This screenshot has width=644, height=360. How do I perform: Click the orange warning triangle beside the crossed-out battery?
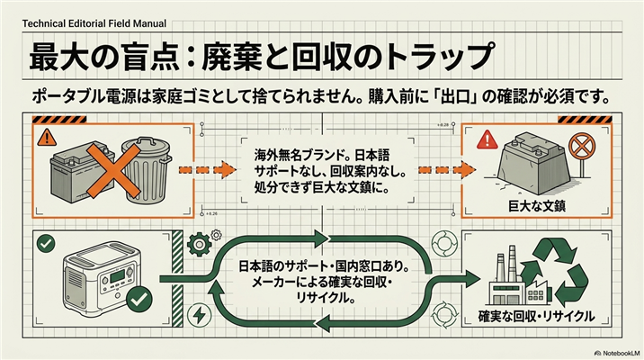[47, 138]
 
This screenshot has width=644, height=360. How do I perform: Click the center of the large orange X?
[113, 170]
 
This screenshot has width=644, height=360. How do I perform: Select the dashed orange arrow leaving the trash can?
[208, 170]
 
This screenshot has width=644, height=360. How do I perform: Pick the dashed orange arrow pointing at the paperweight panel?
[447, 170]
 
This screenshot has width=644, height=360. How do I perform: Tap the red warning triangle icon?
[487, 139]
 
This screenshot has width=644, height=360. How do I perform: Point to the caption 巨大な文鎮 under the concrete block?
[537, 206]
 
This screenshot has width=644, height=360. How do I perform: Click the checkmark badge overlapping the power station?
[139, 300]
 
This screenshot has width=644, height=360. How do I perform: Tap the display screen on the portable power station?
[118, 276]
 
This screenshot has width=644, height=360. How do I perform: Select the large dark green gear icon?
[199, 245]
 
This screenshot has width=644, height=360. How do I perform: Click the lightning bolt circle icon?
[200, 316]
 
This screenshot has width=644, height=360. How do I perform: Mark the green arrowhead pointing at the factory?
[472, 280]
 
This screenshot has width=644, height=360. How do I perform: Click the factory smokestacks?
[505, 264]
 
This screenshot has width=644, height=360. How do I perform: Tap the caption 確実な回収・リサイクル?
[536, 317]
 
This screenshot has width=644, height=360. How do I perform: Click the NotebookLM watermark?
[617, 353]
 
